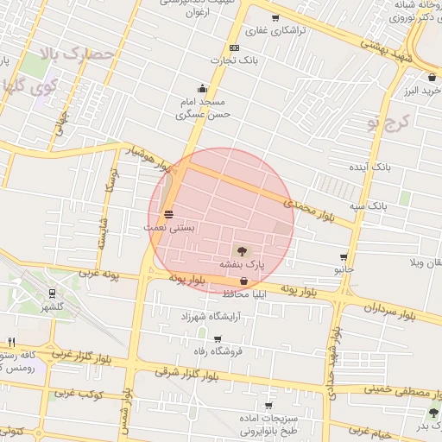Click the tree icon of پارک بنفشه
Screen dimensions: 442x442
click(240, 250)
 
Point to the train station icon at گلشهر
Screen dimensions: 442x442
click(53, 294)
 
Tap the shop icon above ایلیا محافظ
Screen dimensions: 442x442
click(243, 281)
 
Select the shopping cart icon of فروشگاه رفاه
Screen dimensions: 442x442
click(218, 339)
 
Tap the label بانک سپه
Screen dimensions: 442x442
click(369, 206)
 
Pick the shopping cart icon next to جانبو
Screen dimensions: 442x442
click(344, 257)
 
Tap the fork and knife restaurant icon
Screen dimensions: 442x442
click(11, 342)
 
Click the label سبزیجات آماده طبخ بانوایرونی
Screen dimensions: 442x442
click(269, 423)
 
